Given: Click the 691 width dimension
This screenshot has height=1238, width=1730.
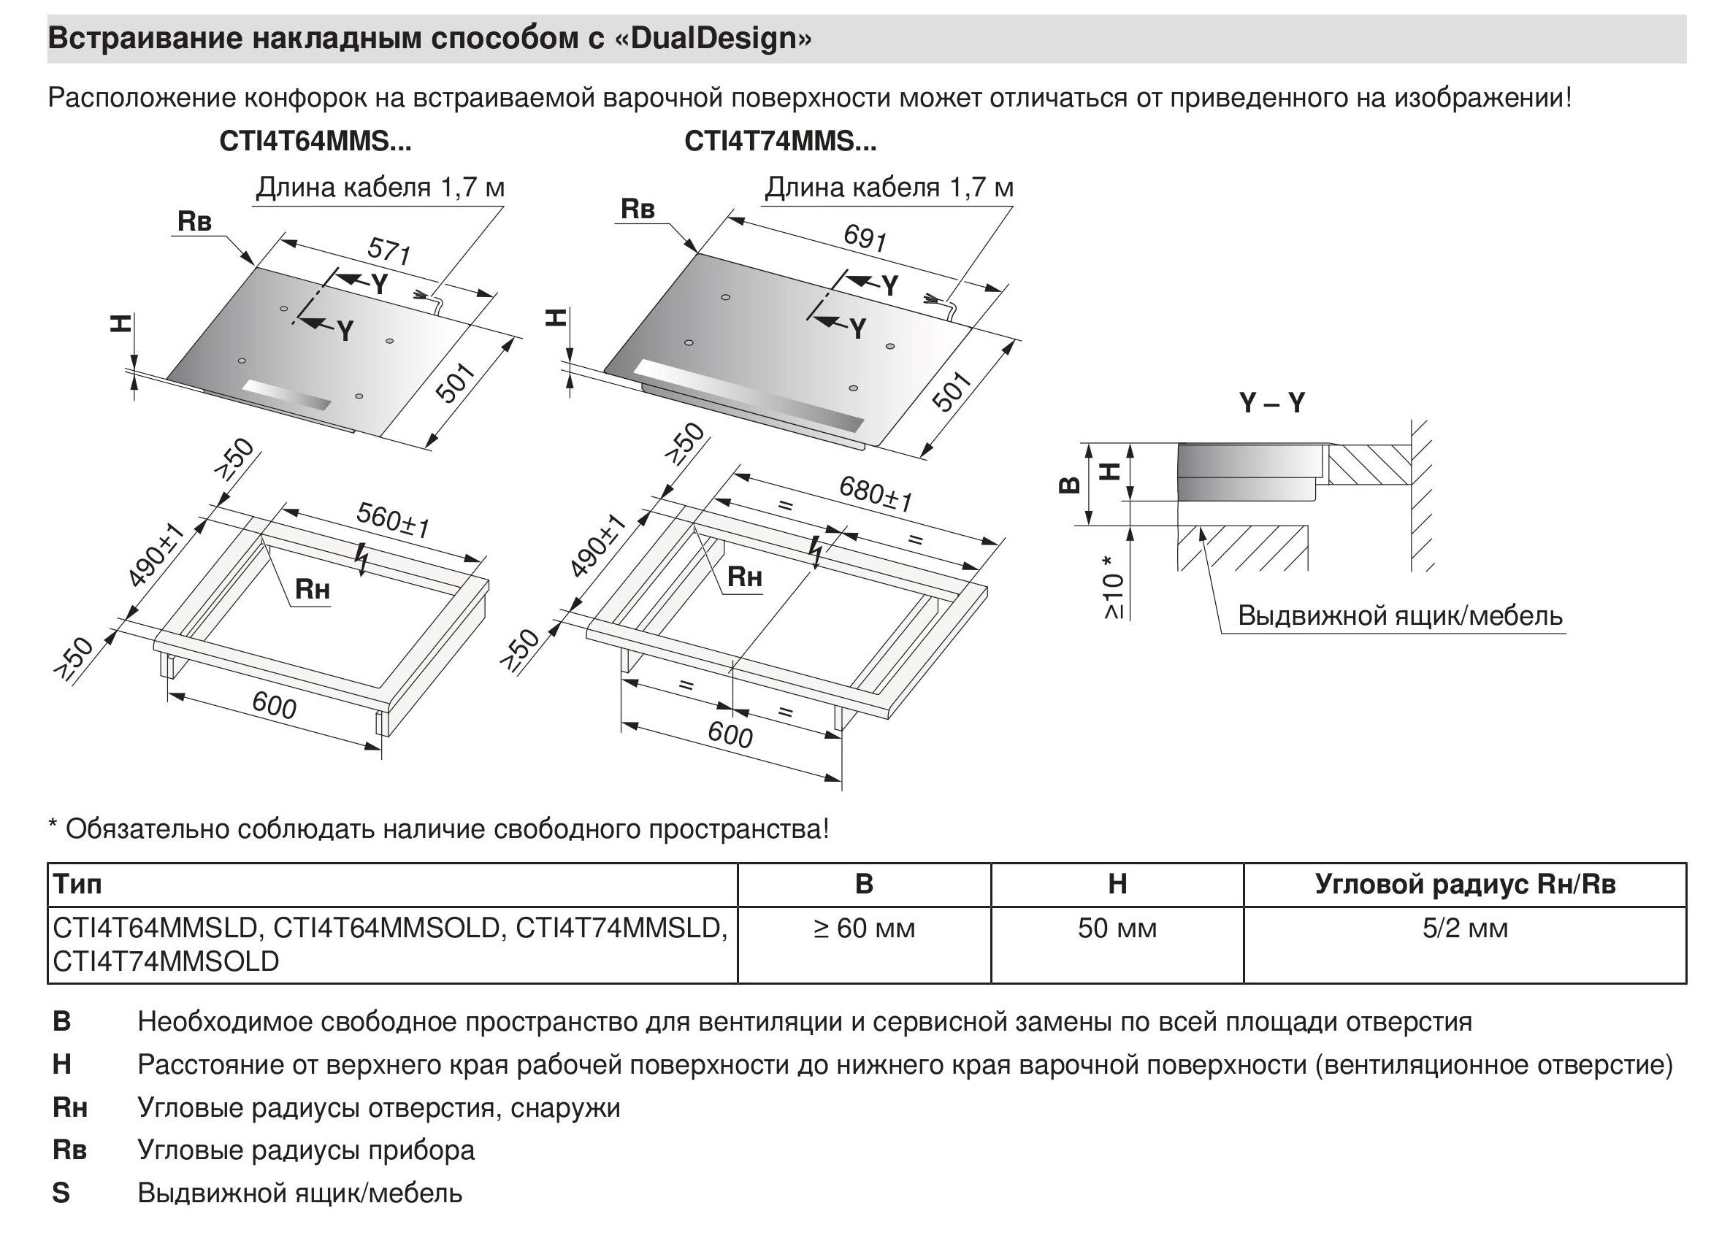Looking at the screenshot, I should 865,237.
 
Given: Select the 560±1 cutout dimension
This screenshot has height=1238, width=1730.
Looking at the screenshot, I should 394,520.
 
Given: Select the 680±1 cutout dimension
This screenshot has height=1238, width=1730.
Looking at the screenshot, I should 876,493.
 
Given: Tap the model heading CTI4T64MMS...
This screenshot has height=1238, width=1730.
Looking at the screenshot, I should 315,142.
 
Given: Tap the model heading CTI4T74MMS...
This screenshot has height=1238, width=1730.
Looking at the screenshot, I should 780,142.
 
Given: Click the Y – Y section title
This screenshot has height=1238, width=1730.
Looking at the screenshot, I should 1272,402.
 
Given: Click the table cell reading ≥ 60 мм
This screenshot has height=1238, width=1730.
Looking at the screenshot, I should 864,929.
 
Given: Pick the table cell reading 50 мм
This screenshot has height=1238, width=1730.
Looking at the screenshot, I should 1117,929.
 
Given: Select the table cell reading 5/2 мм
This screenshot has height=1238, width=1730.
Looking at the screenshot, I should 1465,929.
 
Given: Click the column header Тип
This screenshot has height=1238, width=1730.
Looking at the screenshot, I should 77,884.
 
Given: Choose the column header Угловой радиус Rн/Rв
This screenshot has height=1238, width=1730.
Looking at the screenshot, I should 1465,884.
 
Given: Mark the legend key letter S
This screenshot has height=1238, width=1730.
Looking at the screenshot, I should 61,1192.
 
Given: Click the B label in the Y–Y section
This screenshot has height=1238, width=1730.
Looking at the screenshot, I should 1071,484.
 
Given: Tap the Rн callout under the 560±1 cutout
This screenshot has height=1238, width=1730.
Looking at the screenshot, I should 312,588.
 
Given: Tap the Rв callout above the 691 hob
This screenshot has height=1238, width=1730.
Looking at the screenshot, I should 638,208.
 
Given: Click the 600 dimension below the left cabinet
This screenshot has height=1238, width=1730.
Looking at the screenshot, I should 274,705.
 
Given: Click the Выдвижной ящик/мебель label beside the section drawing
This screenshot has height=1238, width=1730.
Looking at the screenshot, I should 1400,615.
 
